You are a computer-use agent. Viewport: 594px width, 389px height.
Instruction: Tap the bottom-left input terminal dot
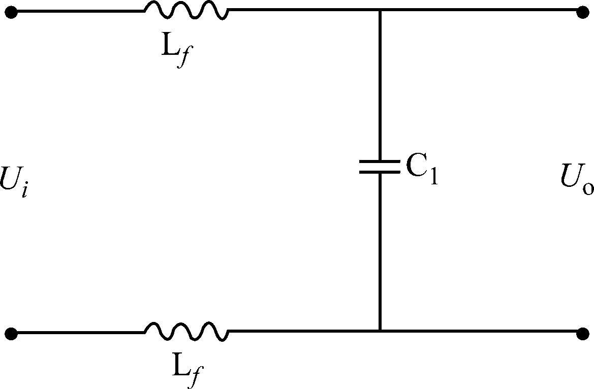tap(11, 334)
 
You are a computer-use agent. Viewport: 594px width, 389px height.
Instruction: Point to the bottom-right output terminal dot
tap(583, 334)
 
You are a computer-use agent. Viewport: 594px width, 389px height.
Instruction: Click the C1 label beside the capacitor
tap(421, 168)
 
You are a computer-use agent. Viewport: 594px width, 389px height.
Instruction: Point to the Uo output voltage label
tap(577, 180)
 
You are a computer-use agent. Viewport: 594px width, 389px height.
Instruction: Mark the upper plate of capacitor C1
tap(380, 163)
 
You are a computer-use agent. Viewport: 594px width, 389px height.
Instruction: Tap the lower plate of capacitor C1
tap(380, 172)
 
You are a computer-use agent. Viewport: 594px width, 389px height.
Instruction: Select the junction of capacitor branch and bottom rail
tap(380, 332)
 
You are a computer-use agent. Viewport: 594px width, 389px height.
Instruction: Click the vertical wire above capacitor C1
tap(380, 86)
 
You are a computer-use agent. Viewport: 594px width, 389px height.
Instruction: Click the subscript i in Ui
tap(23, 190)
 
